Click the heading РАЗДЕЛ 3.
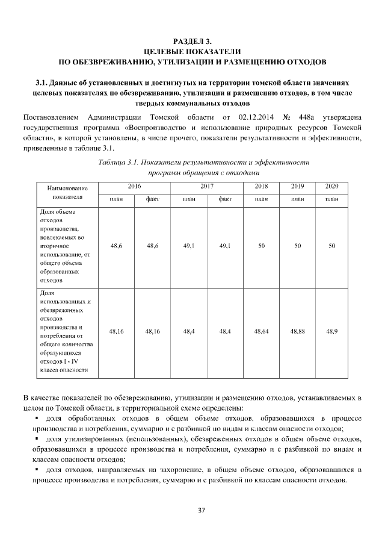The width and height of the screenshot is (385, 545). pyautogui.click(x=192, y=42)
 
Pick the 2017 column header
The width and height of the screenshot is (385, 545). pyautogui.click(x=207, y=187)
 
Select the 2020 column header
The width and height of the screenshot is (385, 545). pyautogui.click(x=331, y=187)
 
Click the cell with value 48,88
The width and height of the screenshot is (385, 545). pyautogui.click(x=297, y=331)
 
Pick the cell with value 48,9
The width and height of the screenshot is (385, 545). pyautogui.click(x=331, y=331)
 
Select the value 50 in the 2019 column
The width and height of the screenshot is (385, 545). pyautogui.click(x=297, y=246)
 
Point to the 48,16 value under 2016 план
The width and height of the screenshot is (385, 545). pyautogui.click(x=117, y=331)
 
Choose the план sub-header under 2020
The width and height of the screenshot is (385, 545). pyautogui.click(x=331, y=199)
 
